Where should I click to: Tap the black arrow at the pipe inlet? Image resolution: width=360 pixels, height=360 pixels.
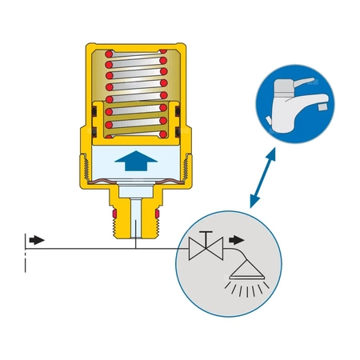tap(37, 239)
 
